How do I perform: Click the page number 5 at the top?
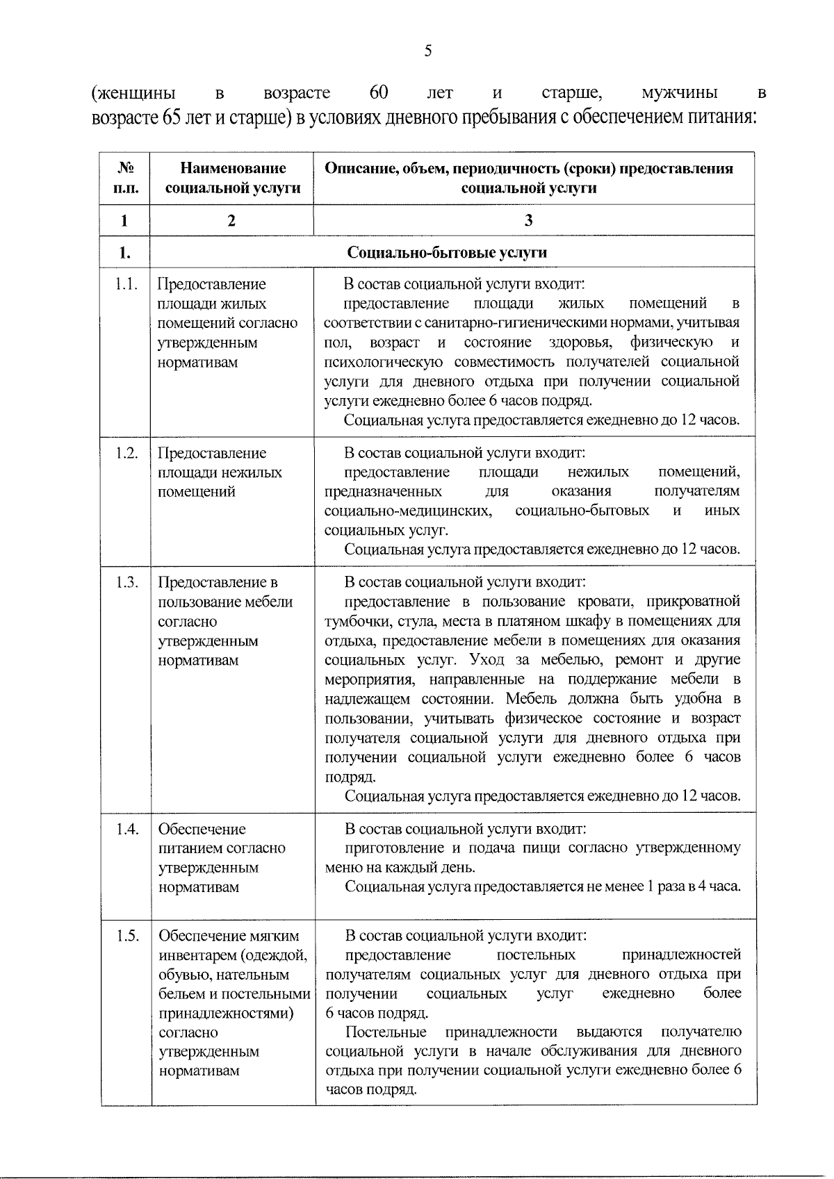428,50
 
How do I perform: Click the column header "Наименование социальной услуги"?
232,179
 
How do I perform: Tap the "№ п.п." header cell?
124,179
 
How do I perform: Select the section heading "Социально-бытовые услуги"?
447,252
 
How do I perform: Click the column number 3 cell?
528,221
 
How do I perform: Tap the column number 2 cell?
231,221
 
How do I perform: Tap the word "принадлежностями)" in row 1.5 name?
226,1013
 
